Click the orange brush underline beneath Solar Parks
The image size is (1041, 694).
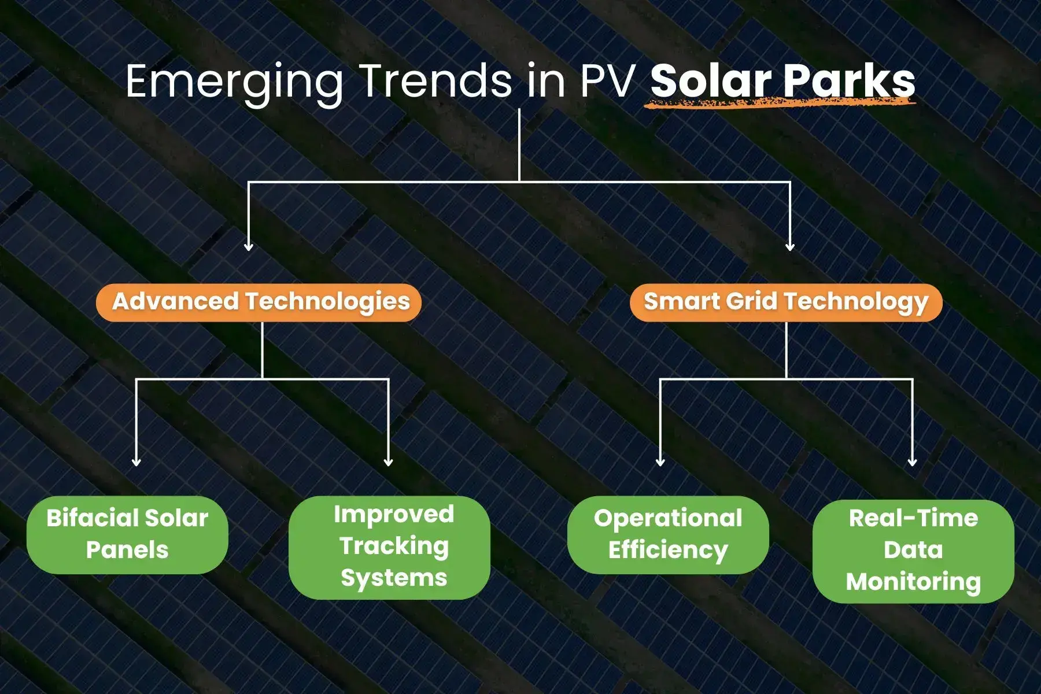click(781, 103)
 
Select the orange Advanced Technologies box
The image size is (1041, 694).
click(259, 302)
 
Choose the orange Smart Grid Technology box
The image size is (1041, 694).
click(786, 302)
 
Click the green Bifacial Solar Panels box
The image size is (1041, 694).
click(127, 534)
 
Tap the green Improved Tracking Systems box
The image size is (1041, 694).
click(389, 547)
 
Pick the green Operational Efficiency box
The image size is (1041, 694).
click(668, 534)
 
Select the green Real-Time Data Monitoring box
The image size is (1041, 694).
click(913, 551)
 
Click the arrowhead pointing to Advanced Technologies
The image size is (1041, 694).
click(249, 246)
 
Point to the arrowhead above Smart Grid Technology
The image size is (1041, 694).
click(790, 246)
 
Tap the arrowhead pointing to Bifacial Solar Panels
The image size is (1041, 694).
click(136, 462)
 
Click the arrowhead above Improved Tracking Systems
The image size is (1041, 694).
click(389, 462)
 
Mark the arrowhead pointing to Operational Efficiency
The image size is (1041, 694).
click(660, 462)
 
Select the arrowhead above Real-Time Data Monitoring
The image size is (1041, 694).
click(913, 462)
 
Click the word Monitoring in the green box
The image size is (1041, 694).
click(913, 582)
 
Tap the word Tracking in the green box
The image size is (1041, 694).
click(394, 547)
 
